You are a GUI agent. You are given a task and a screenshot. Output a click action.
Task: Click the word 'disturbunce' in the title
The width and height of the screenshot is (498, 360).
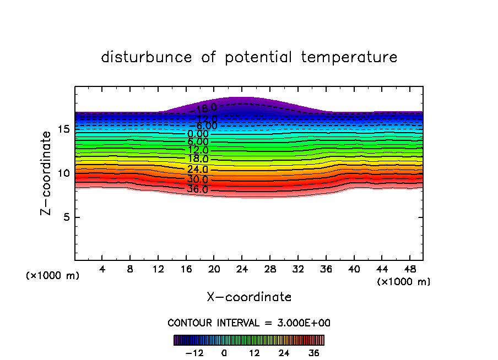147,57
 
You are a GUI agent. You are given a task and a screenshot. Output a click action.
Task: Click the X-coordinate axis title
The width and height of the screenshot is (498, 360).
249,297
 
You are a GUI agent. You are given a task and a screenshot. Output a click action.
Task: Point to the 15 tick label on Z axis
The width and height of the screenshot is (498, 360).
63,129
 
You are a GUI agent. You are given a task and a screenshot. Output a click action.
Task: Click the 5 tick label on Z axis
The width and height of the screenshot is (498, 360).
66,217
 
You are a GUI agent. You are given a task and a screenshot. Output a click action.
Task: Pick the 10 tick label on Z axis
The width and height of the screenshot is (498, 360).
63,173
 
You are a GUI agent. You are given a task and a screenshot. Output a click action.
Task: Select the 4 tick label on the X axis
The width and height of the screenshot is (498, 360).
102,269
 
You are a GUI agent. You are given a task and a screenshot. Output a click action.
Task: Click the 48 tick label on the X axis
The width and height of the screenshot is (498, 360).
409,269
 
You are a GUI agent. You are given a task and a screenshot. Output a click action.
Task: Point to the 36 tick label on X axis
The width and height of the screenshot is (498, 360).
326,269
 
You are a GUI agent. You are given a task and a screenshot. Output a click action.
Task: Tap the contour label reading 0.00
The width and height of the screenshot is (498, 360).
198,134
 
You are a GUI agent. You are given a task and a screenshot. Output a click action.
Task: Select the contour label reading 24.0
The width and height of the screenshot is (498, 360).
198,170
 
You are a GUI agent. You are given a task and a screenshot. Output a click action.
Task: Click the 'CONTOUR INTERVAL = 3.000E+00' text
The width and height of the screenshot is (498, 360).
248,323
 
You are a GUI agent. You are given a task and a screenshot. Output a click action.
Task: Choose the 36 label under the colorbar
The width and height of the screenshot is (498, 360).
313,353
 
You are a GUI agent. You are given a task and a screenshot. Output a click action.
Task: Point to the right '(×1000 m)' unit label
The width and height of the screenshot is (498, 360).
404,282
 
